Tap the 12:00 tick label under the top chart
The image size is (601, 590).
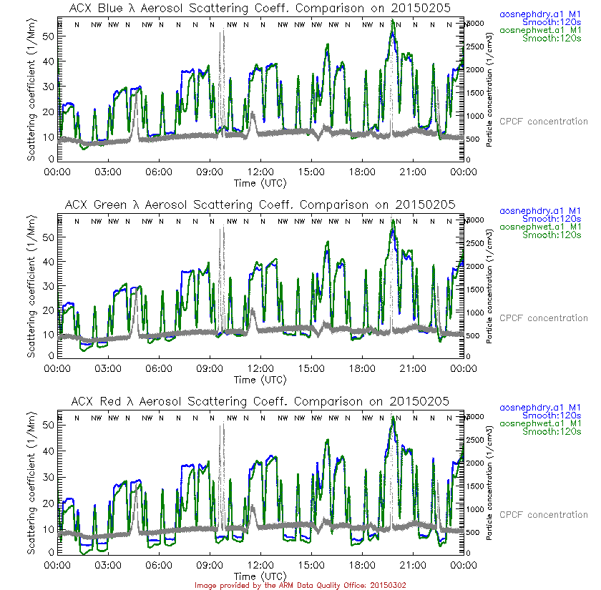tap(260, 172)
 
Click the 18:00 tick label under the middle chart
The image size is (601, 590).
tap(362, 368)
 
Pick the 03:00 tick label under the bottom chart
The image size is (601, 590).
tap(107, 565)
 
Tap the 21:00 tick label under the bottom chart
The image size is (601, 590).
tap(413, 565)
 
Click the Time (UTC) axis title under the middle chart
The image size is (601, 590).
tap(260, 379)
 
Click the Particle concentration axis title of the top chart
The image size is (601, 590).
tap(489, 89)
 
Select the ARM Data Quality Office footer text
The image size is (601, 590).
tap(300, 585)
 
